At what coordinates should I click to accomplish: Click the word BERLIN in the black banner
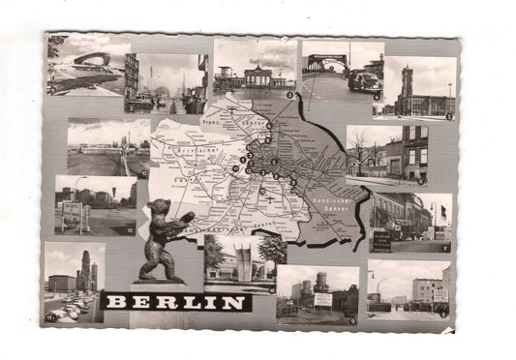(x=175, y=302)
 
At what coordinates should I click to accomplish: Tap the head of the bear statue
(x=155, y=209)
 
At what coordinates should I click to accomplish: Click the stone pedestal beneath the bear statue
(x=163, y=285)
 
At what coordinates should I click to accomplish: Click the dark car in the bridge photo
(x=364, y=82)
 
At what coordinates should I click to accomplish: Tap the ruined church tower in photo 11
(x=85, y=270)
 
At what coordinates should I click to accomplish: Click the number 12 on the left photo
(x=132, y=230)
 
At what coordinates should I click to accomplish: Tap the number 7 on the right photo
(x=444, y=247)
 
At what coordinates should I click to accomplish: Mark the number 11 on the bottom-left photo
(x=50, y=315)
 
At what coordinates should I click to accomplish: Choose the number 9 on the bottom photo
(x=352, y=318)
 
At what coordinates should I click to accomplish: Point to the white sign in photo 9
(x=322, y=299)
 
